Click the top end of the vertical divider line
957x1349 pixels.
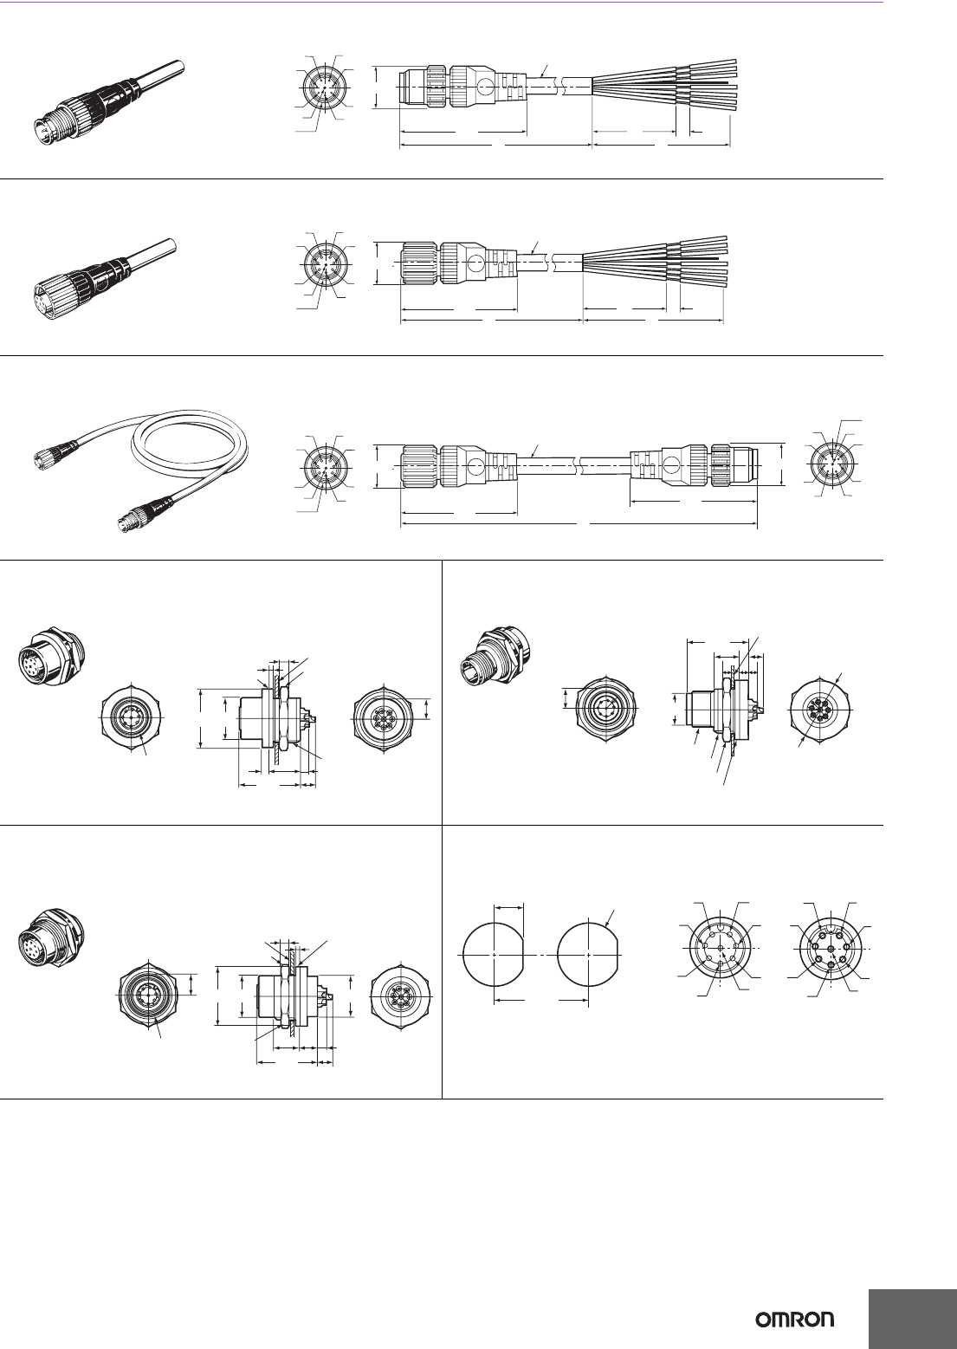[442, 561]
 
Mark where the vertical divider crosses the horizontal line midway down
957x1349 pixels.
[442, 825]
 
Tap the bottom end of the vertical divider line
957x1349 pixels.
[442, 1099]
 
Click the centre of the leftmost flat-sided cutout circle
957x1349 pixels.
[494, 956]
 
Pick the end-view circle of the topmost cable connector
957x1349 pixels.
[325, 89]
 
